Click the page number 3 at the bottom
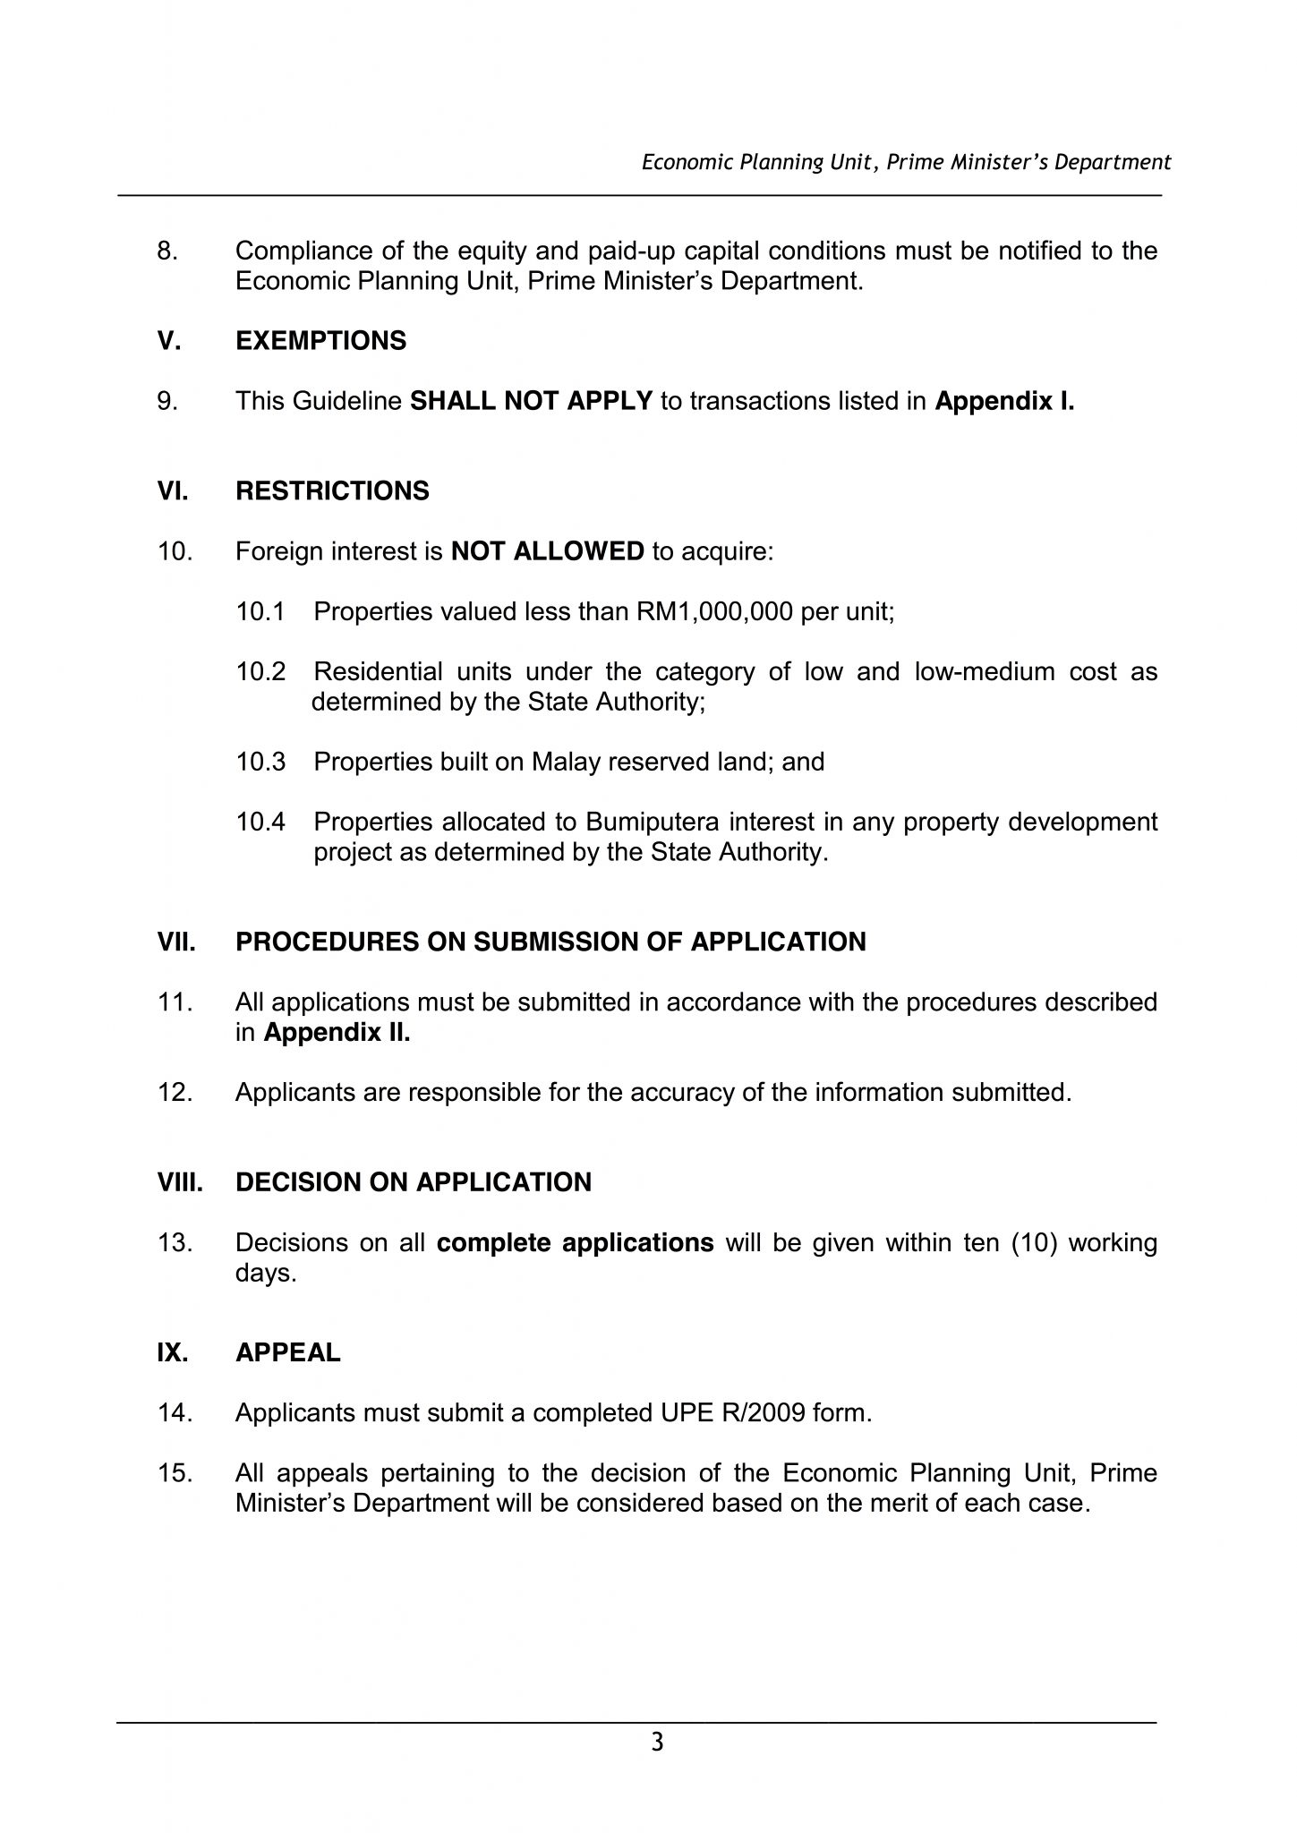pyautogui.click(x=657, y=1743)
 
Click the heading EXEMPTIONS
pyautogui.click(x=320, y=341)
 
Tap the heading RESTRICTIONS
pyautogui.click(x=332, y=491)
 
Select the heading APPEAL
pyautogui.click(x=287, y=1352)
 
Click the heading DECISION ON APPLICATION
pyautogui.click(x=413, y=1182)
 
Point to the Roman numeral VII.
pyautogui.click(x=176, y=942)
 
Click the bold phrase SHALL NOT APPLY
pyautogui.click(x=531, y=401)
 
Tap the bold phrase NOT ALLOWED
pyautogui.click(x=547, y=551)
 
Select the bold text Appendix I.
pyautogui.click(x=1003, y=401)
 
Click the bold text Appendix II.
pyautogui.click(x=337, y=1033)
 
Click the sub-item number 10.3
pyautogui.click(x=260, y=763)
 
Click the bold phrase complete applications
pyautogui.click(x=575, y=1243)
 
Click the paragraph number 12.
pyautogui.click(x=175, y=1093)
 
